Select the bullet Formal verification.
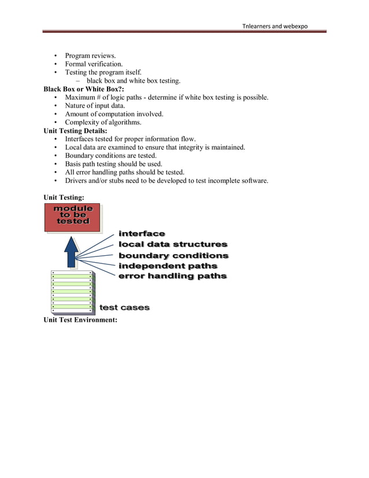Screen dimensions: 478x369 94,64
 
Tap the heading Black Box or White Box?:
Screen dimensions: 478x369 84,89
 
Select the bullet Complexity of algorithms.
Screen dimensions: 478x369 103,123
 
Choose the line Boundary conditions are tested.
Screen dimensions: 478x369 119,156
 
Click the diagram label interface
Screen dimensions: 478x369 142,233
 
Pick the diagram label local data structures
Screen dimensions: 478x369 172,244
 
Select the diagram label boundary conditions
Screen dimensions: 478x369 173,255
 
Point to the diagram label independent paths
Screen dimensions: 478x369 168,266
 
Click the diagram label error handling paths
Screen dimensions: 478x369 172,277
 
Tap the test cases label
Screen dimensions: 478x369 124,307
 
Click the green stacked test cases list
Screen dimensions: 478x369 72,291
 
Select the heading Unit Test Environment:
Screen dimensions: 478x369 80,320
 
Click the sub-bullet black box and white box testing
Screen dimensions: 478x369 134,81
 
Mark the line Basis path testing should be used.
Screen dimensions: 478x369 113,164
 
